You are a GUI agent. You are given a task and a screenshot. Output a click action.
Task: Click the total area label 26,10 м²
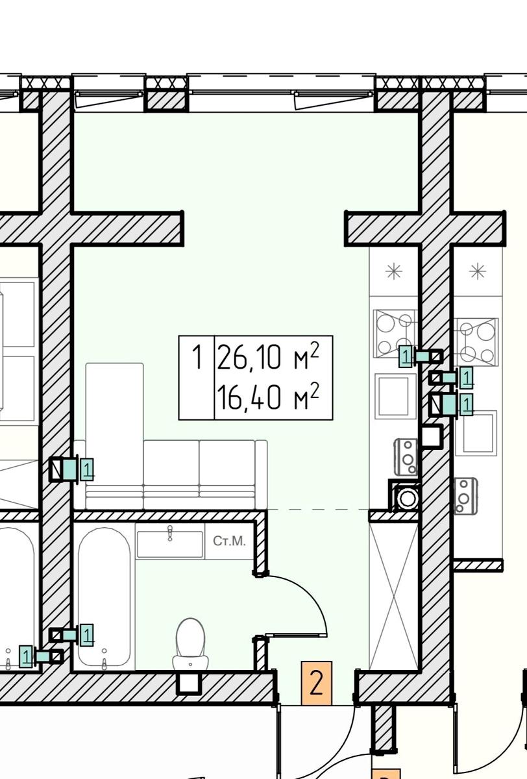coord(267,356)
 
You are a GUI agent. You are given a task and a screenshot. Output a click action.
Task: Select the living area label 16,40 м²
coord(267,397)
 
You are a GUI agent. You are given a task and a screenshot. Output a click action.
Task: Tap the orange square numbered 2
coord(316,683)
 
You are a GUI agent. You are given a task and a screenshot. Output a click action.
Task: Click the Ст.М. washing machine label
coord(229,541)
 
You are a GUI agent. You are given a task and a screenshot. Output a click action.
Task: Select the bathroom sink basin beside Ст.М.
coord(169,544)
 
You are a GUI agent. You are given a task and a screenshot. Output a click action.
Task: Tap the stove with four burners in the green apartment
coord(395,334)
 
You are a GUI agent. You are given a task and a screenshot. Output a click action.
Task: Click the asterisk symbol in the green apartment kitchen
coord(394,271)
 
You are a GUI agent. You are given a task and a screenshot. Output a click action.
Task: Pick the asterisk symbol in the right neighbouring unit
coord(478,271)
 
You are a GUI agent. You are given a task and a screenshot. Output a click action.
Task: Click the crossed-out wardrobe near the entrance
coord(393,596)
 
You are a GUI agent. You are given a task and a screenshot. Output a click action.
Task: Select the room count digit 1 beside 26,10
coord(197,356)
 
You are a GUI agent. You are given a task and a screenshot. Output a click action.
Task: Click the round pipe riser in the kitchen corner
coord(407,498)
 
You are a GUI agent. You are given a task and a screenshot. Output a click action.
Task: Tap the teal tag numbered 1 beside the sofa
coord(87,469)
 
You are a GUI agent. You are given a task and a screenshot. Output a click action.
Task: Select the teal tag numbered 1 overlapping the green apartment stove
coord(406,356)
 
